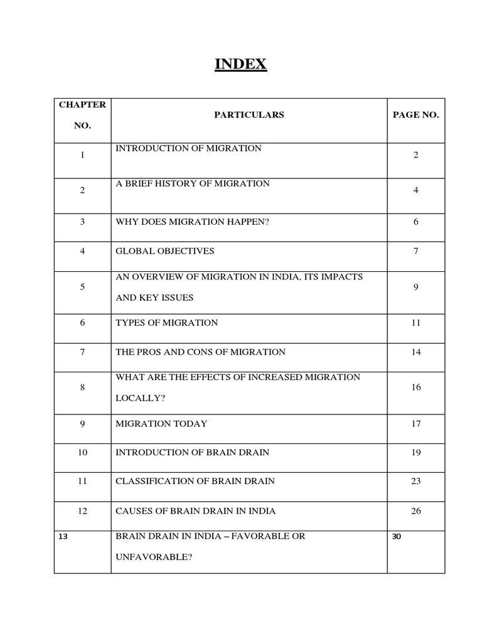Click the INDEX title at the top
[241, 64]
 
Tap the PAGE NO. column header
[415, 115]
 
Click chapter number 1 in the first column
[82, 155]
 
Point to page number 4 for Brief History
[415, 190]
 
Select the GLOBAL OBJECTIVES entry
[165, 251]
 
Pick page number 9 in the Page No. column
[415, 288]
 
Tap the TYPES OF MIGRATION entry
[167, 323]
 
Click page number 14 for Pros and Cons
[415, 352]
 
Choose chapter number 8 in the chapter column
[82, 387]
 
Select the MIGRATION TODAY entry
[161, 424]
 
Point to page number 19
[415, 453]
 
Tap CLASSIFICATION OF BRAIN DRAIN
[195, 482]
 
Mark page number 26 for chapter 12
[415, 511]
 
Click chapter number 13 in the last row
[62, 537]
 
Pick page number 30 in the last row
[395, 537]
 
